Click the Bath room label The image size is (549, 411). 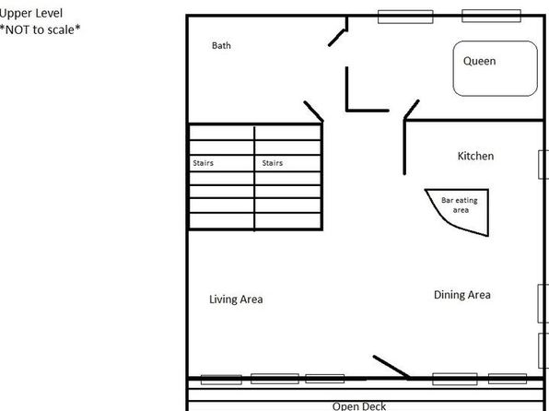(x=221, y=45)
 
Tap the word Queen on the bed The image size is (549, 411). (x=479, y=61)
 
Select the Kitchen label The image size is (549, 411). (x=475, y=156)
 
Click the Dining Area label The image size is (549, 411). (x=461, y=295)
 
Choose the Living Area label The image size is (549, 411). (x=236, y=299)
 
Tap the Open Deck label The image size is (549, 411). (x=359, y=406)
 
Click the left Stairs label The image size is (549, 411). (x=203, y=163)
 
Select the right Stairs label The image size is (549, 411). (x=273, y=163)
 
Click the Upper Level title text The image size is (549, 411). (x=31, y=13)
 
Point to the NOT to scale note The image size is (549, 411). (x=40, y=29)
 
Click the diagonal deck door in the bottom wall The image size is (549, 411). (x=391, y=367)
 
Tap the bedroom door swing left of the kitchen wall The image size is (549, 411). (x=412, y=110)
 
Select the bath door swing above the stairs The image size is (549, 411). (x=313, y=112)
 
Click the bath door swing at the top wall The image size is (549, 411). (x=337, y=38)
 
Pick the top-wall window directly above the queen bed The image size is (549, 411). (x=491, y=16)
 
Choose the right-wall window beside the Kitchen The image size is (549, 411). (x=543, y=165)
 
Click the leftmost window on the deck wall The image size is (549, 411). (x=221, y=380)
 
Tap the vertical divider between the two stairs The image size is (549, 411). (x=254, y=179)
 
